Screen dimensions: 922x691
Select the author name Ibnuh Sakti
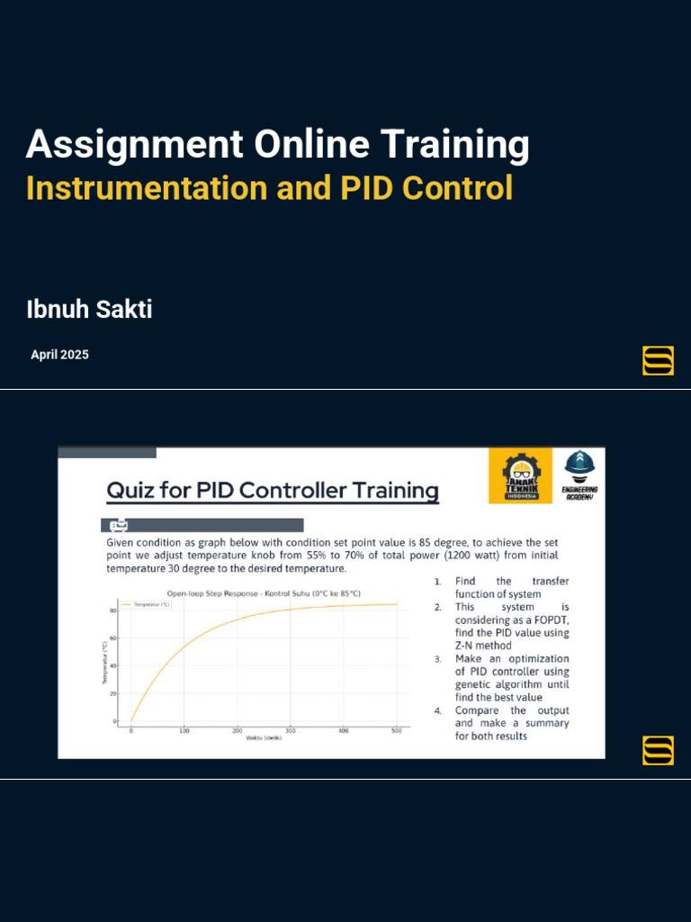tap(89, 311)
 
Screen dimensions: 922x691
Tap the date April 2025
tap(59, 355)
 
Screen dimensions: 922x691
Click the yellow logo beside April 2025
tap(658, 360)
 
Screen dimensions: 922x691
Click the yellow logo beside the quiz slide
tap(658, 750)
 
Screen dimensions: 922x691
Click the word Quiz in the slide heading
tap(131, 491)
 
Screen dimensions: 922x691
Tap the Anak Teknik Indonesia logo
tap(521, 476)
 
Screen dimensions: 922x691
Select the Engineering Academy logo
tap(580, 475)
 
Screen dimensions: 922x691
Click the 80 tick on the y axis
tap(113, 610)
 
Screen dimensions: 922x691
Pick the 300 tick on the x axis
tap(290, 730)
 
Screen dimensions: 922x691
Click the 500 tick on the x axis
tap(396, 730)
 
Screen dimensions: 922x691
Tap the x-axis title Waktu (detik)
tap(264, 738)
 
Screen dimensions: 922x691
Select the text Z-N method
tap(483, 646)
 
